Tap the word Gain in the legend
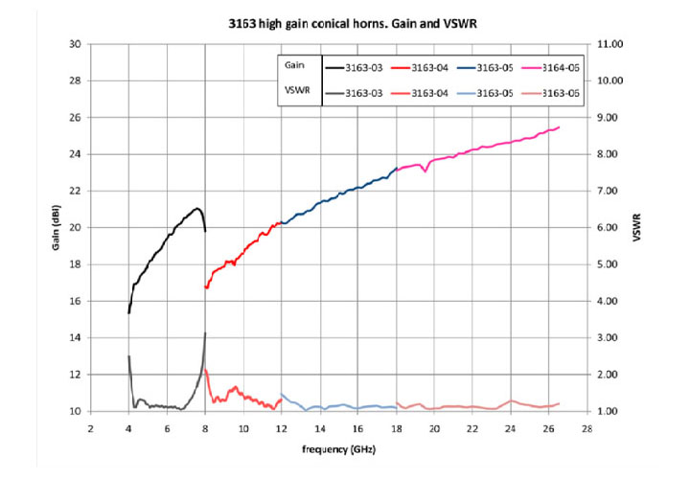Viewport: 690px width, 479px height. tap(295, 62)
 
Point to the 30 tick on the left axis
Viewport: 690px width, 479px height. tap(74, 44)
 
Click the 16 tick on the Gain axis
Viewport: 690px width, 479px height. tap(74, 301)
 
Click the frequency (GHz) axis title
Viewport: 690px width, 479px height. tap(338, 448)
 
